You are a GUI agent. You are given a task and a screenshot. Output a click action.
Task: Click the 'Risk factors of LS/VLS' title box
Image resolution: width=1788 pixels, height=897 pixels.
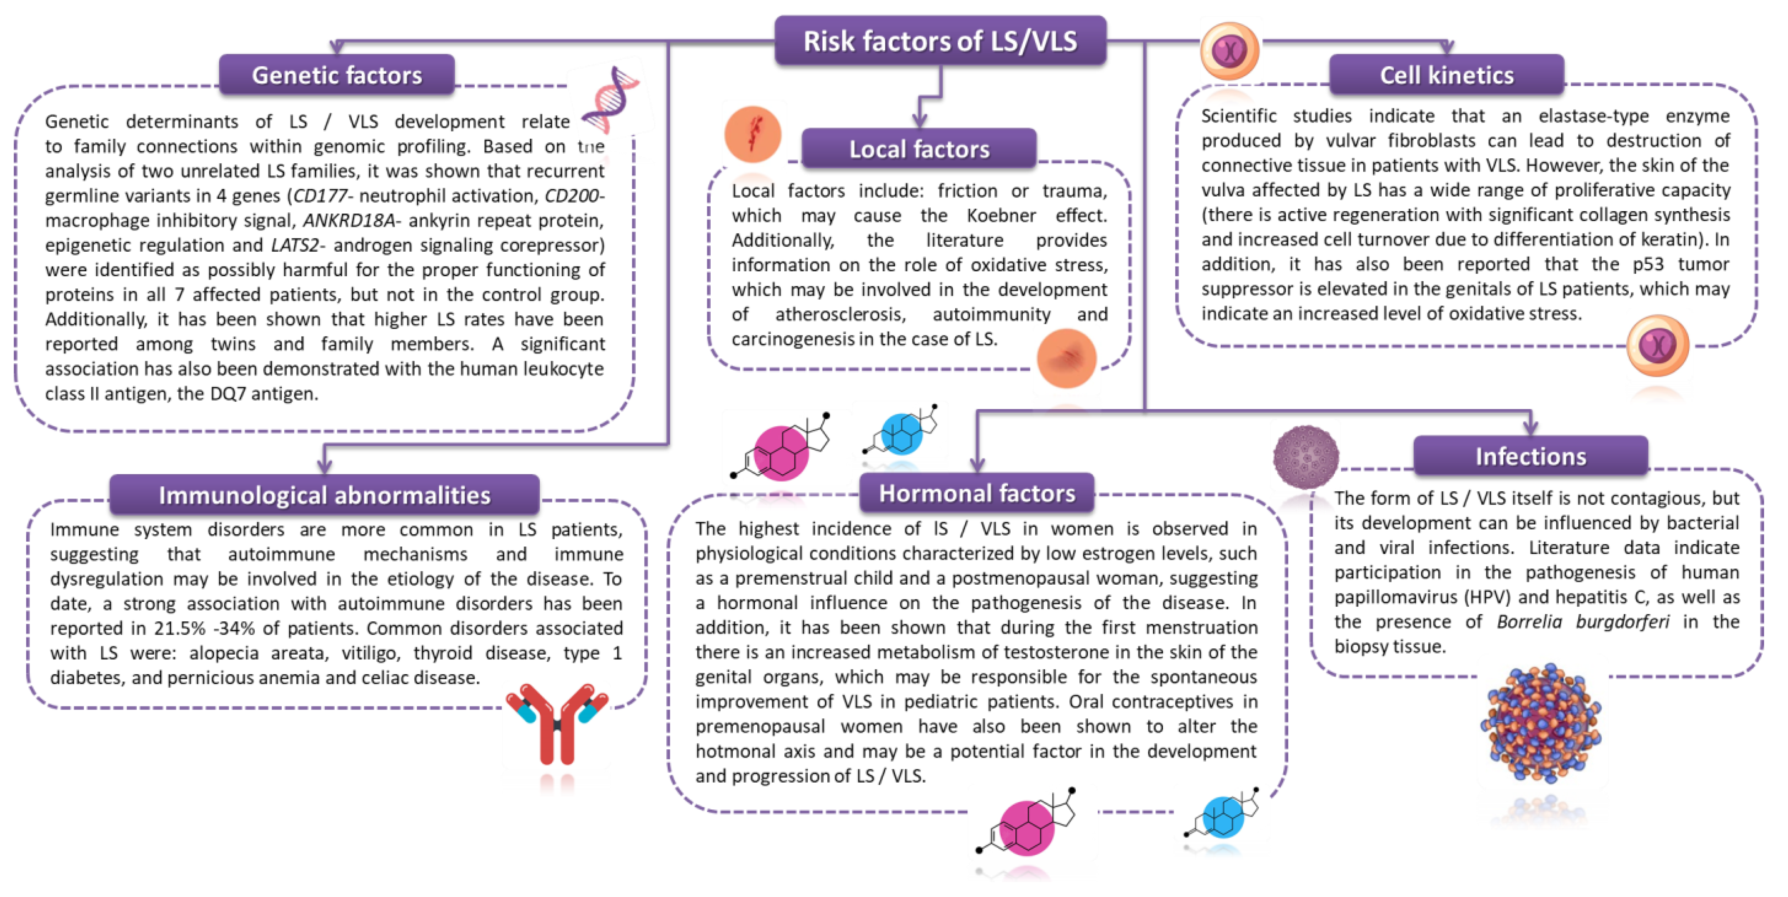coord(940,41)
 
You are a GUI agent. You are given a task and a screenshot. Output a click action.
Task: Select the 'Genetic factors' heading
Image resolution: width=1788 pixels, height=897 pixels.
coord(337,75)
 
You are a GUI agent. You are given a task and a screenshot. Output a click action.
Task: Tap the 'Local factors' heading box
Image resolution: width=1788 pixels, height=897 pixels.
coord(919,148)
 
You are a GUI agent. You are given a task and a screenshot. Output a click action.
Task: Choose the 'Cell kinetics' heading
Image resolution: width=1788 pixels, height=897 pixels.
coord(1447,75)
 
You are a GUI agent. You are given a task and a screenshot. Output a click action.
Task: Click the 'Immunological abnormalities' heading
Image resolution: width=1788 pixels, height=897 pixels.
coord(324,495)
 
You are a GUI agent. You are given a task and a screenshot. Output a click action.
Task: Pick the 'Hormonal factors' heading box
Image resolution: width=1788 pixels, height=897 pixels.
coord(977,493)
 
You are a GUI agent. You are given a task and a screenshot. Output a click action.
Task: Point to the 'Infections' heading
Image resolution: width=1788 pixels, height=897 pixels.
coord(1530,456)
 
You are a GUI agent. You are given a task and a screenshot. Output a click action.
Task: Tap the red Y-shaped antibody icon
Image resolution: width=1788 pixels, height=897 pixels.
coord(557,724)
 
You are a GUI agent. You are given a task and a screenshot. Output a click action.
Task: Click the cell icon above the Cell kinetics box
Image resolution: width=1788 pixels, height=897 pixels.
coord(1229,51)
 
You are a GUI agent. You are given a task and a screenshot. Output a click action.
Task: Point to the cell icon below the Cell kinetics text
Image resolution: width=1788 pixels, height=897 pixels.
coord(1657,345)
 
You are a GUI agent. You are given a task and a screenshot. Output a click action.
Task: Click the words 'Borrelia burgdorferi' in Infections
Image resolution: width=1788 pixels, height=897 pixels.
coord(1583,622)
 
